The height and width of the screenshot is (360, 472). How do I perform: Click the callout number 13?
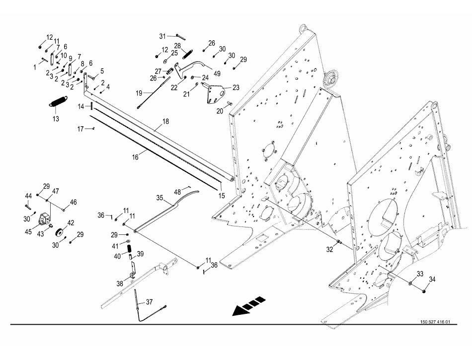[x=56, y=119]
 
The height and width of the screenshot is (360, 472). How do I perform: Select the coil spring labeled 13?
[x=59, y=101]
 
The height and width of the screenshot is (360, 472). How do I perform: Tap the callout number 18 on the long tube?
[x=165, y=121]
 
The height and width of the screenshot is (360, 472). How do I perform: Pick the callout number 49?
[x=217, y=73]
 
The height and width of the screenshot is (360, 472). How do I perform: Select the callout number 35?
[x=160, y=197]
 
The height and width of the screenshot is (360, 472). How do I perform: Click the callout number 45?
[x=28, y=231]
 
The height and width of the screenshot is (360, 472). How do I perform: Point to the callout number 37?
[x=150, y=302]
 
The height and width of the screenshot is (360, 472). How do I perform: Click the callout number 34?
[x=432, y=280]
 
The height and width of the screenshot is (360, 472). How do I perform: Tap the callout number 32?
[x=328, y=250]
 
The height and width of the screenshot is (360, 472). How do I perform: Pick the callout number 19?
[x=139, y=93]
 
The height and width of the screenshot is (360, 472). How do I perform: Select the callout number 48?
[x=177, y=191]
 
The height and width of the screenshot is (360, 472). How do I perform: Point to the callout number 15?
[x=222, y=196]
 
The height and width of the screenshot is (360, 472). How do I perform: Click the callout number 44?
[x=28, y=196]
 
